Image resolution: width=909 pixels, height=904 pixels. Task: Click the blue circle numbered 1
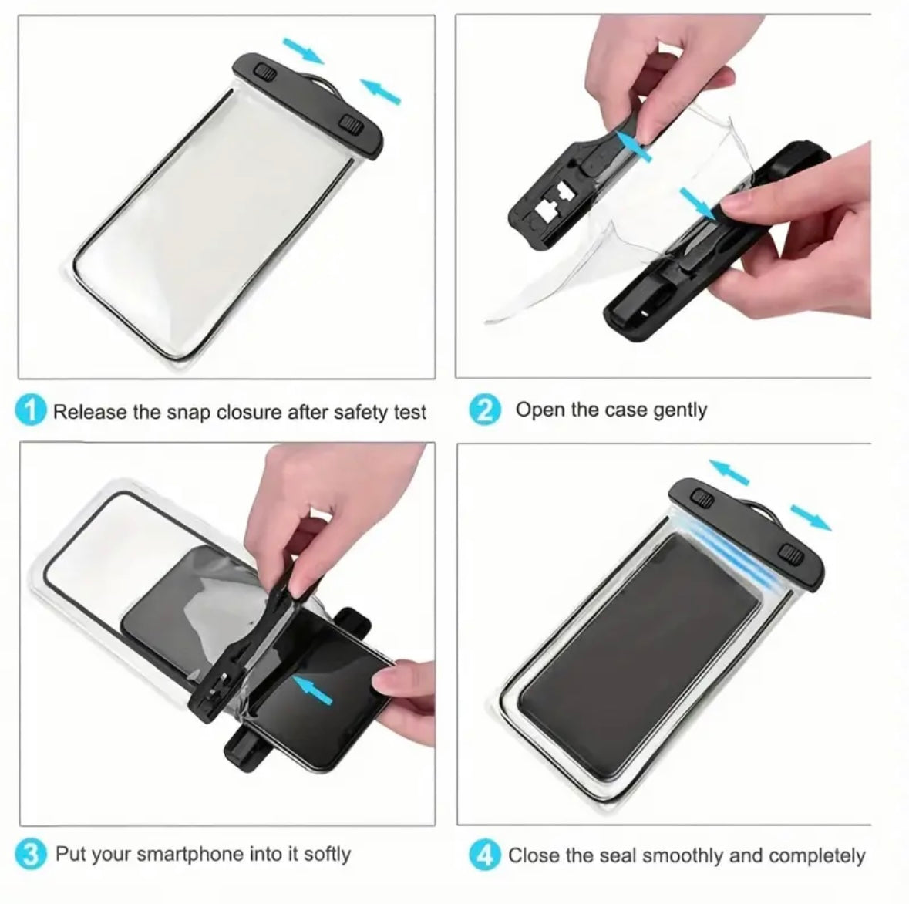click(x=30, y=410)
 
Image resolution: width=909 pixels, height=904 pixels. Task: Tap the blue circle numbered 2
click(x=484, y=410)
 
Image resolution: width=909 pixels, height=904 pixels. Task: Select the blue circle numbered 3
click(x=30, y=854)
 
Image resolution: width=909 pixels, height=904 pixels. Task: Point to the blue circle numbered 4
click(x=484, y=855)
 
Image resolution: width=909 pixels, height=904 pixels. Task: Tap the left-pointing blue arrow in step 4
click(x=729, y=471)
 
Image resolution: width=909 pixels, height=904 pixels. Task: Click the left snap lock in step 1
click(x=265, y=73)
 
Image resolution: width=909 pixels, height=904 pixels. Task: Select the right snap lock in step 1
click(x=352, y=123)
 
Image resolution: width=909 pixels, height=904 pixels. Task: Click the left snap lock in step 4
click(x=702, y=498)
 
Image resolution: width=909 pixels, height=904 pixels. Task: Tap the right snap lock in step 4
click(x=791, y=555)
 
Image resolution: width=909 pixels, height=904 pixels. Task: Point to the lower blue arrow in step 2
click(x=698, y=204)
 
